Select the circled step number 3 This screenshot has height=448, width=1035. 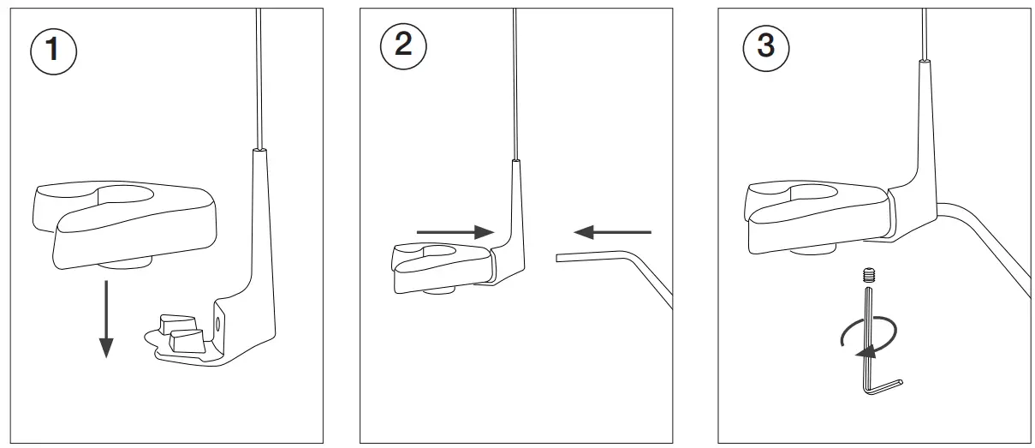(x=765, y=45)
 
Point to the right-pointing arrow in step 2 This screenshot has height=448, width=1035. (x=454, y=231)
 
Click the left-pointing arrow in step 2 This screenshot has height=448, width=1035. (x=612, y=230)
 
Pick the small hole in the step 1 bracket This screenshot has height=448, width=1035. (x=217, y=323)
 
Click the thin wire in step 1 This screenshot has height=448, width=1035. (x=257, y=77)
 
